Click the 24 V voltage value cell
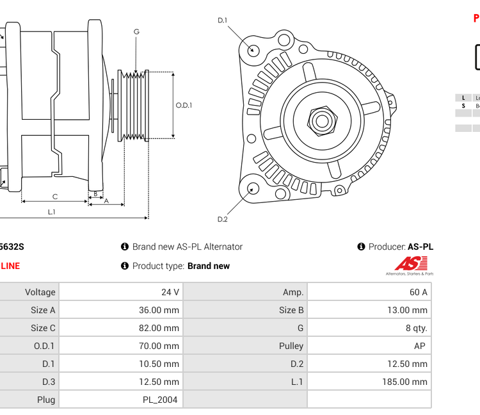click(x=170, y=292)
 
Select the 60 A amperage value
click(x=418, y=292)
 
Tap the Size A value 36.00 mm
click(x=162, y=310)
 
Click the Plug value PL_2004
click(x=161, y=400)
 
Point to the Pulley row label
click(x=291, y=346)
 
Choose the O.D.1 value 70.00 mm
click(x=162, y=346)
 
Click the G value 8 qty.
click(x=415, y=328)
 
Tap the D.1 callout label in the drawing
click(x=222, y=20)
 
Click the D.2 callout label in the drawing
click(x=223, y=219)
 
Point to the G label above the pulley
click(x=136, y=31)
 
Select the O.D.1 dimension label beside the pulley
click(x=184, y=106)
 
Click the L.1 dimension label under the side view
click(x=51, y=211)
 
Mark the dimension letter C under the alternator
click(x=54, y=197)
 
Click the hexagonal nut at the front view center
click(x=322, y=120)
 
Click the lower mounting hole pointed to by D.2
click(x=253, y=188)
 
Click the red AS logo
click(x=410, y=263)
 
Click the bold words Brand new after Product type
click(x=209, y=266)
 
